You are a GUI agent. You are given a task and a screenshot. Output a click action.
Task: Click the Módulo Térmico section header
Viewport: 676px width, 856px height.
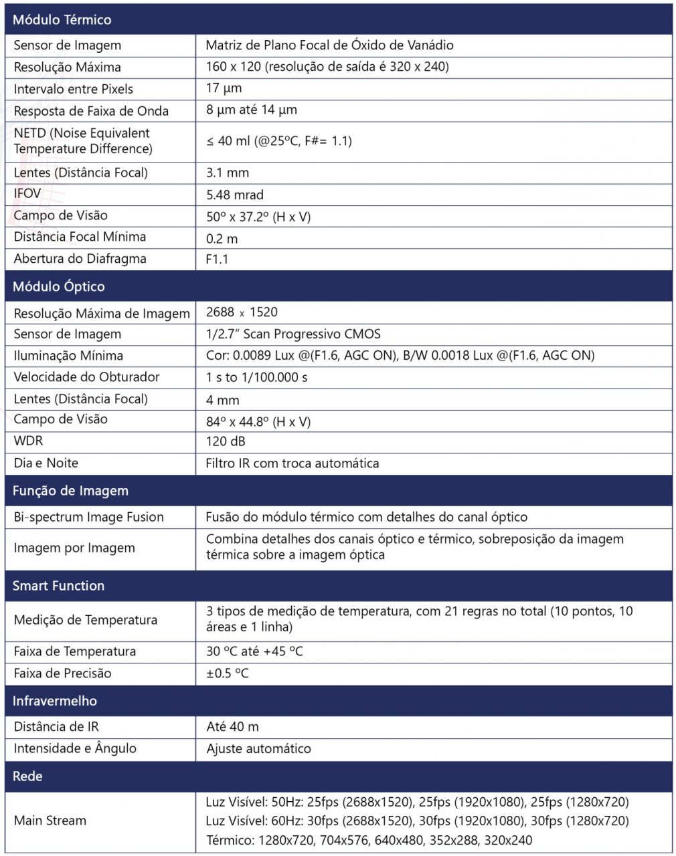pyautogui.click(x=62, y=19)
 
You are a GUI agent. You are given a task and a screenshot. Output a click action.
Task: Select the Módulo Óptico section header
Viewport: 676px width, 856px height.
pyautogui.click(x=59, y=286)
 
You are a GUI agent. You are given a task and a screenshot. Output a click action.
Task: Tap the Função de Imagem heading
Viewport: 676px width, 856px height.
pyautogui.click(x=70, y=490)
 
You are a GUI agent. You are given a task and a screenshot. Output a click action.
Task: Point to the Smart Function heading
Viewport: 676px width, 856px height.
pyautogui.click(x=58, y=586)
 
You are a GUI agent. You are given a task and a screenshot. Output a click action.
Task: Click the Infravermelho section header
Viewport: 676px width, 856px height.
pyautogui.click(x=55, y=701)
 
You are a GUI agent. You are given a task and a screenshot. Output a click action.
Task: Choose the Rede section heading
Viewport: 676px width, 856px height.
pyautogui.click(x=27, y=776)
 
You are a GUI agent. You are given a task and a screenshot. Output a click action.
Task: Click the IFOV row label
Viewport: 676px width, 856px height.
pyautogui.click(x=27, y=194)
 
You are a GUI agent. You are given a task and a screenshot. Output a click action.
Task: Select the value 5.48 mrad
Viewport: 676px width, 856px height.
pyautogui.click(x=234, y=195)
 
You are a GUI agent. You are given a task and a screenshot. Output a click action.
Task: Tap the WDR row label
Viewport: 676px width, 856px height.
pyautogui.click(x=28, y=441)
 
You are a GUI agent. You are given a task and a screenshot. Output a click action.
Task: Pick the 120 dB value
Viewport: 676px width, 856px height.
pyautogui.click(x=226, y=441)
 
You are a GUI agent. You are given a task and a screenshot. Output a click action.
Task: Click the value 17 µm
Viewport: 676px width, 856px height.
pyautogui.click(x=224, y=88)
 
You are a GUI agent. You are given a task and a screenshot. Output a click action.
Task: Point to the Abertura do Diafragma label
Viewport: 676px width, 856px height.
pyautogui.click(x=80, y=259)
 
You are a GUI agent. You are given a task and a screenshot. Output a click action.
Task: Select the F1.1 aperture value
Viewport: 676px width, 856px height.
pyautogui.click(x=217, y=259)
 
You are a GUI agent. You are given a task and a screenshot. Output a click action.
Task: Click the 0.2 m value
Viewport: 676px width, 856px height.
pyautogui.click(x=222, y=239)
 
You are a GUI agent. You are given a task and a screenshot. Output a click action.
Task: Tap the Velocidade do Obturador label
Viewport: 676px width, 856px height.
pyautogui.click(x=86, y=377)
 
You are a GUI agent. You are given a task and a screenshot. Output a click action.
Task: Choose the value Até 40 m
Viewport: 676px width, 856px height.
pyautogui.click(x=232, y=726)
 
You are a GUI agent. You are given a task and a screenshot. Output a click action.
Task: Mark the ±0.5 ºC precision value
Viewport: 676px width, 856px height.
pyautogui.click(x=227, y=673)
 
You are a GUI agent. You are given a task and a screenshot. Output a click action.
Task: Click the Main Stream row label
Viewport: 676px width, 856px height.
pyautogui.click(x=50, y=821)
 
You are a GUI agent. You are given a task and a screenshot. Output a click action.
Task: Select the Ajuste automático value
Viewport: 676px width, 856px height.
pyautogui.click(x=258, y=748)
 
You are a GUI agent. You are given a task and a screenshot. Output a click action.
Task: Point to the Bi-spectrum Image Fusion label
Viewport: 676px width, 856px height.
pyautogui.click(x=88, y=517)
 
